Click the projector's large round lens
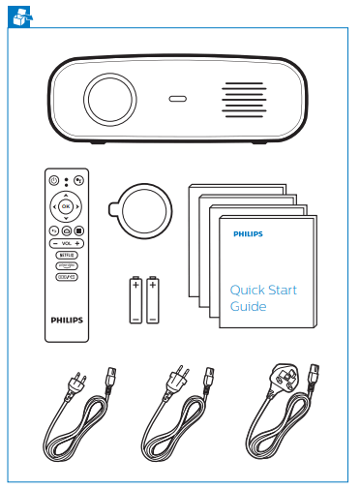[112, 100]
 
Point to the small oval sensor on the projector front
[177, 98]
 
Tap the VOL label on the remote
[66, 242]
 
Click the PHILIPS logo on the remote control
[66, 316]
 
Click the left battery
[135, 300]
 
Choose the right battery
[153, 300]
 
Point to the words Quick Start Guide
[262, 298]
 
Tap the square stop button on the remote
[78, 230]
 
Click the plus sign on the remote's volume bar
[77, 242]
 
